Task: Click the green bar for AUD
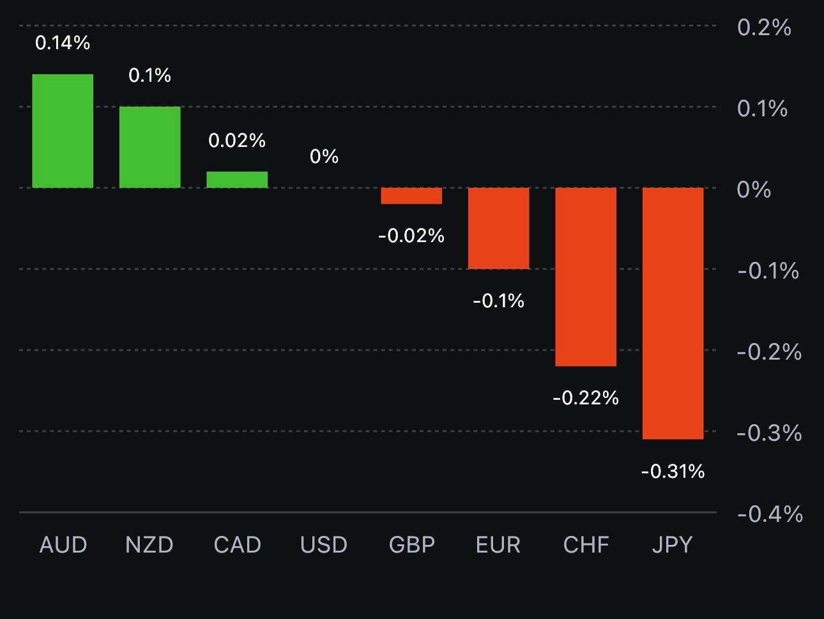[x=63, y=131]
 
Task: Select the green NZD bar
[x=150, y=147]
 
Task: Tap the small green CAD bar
[x=237, y=180]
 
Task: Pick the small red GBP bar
[x=411, y=195]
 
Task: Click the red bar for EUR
[x=499, y=228]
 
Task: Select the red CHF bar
[x=586, y=277]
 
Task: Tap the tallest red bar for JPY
[x=673, y=313]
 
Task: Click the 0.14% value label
[x=63, y=43]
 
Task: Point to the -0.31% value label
[x=673, y=471]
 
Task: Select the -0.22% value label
[x=586, y=398]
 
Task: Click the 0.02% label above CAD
[x=237, y=141]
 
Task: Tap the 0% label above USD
[x=324, y=157]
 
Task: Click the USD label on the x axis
[x=324, y=545]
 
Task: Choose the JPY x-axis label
[x=673, y=545]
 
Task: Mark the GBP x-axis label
[x=412, y=545]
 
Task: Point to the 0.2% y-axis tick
[x=764, y=27]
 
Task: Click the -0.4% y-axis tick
[x=770, y=514]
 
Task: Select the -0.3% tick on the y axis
[x=769, y=433]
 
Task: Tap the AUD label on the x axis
[x=63, y=545]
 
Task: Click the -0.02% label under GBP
[x=411, y=236]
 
